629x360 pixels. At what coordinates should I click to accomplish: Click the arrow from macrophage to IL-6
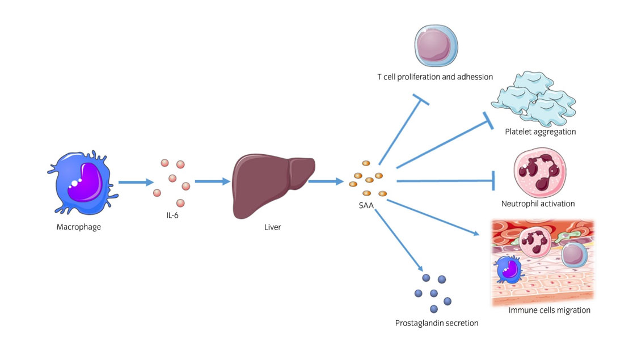(x=136, y=183)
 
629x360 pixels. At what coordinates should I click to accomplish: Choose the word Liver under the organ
(x=272, y=227)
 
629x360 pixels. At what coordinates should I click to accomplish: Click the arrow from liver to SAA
(x=326, y=182)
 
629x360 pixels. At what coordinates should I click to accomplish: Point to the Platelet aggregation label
(x=540, y=132)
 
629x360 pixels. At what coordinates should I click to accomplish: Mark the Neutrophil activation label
(x=538, y=204)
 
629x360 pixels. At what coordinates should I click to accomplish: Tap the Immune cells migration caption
(x=550, y=310)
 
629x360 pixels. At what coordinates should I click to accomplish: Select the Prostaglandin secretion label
(x=437, y=323)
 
